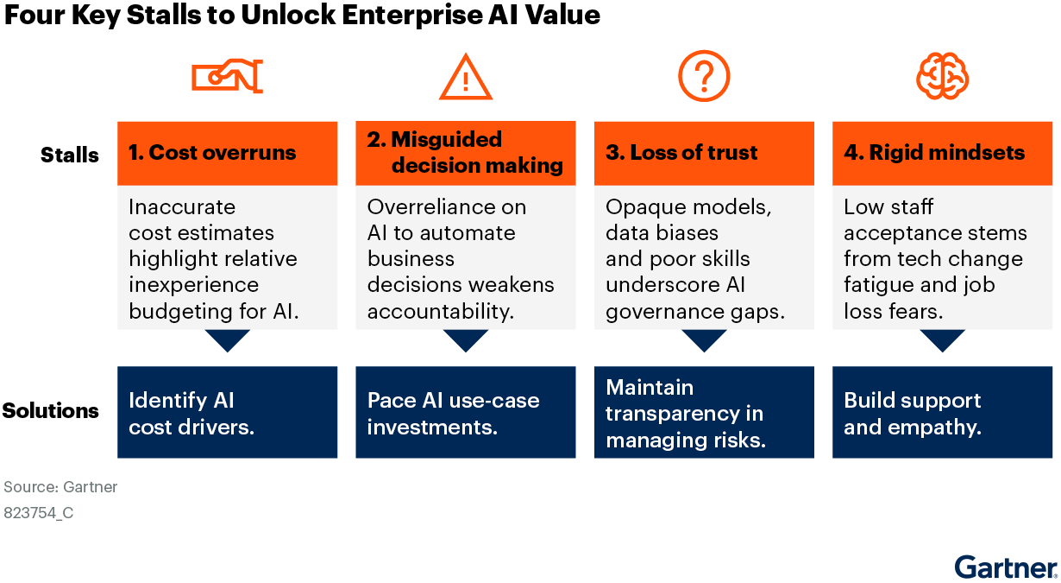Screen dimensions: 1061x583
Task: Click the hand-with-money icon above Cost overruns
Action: point(228,76)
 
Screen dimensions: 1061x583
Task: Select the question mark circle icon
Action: point(704,76)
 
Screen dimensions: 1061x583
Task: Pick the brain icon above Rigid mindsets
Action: point(942,76)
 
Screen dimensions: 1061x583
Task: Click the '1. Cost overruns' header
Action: point(212,152)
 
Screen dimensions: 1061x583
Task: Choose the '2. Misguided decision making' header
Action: point(465,152)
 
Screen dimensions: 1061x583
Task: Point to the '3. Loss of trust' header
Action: point(681,152)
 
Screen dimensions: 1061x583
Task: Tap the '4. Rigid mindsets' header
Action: point(934,152)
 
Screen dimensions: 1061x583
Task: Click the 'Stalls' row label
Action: point(70,155)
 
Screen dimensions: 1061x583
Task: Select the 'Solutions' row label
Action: point(50,411)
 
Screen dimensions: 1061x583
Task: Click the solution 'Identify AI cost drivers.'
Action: point(191,414)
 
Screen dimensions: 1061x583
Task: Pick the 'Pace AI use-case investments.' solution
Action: point(453,414)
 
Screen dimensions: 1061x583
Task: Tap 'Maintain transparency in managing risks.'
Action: point(686,414)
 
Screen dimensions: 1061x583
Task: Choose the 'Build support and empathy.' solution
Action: point(913,414)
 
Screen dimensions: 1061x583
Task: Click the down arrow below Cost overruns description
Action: point(228,340)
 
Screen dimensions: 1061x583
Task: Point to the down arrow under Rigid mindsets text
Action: point(942,340)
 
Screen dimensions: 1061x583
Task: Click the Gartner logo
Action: point(1006,567)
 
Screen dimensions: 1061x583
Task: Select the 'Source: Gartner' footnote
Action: point(60,487)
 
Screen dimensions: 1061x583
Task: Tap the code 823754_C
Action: point(38,513)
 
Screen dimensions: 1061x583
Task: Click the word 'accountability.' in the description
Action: point(441,312)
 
